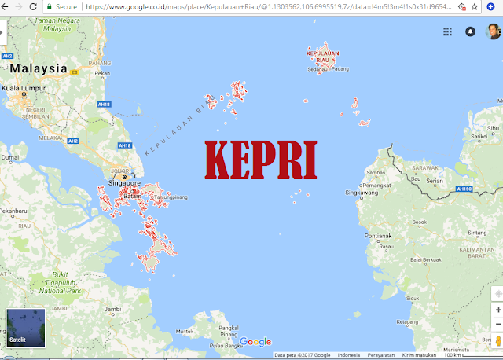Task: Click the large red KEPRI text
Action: click(261, 160)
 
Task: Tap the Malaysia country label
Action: click(38, 68)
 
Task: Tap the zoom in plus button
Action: click(497, 310)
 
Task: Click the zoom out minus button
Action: click(497, 324)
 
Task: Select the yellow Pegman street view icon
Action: click(497, 342)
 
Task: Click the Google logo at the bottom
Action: click(255, 342)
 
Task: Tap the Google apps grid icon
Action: click(447, 31)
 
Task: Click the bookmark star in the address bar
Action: click(475, 6)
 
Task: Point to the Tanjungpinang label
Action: click(170, 197)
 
